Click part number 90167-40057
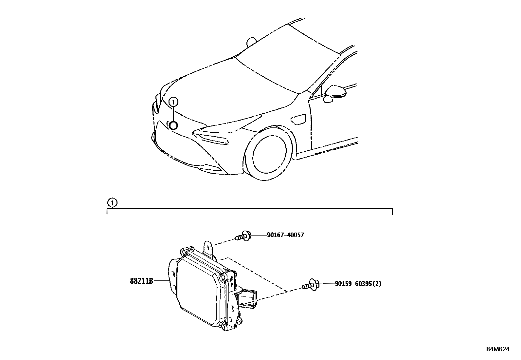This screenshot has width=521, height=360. [285, 235]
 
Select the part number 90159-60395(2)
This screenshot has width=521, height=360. [358, 284]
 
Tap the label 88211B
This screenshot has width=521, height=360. [141, 281]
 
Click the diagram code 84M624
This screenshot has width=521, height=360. [497, 349]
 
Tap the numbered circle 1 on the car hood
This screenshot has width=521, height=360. [173, 102]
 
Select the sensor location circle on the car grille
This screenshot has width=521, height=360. [173, 125]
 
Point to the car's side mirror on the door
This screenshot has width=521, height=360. [336, 92]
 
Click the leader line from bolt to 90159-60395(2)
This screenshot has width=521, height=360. [326, 284]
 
